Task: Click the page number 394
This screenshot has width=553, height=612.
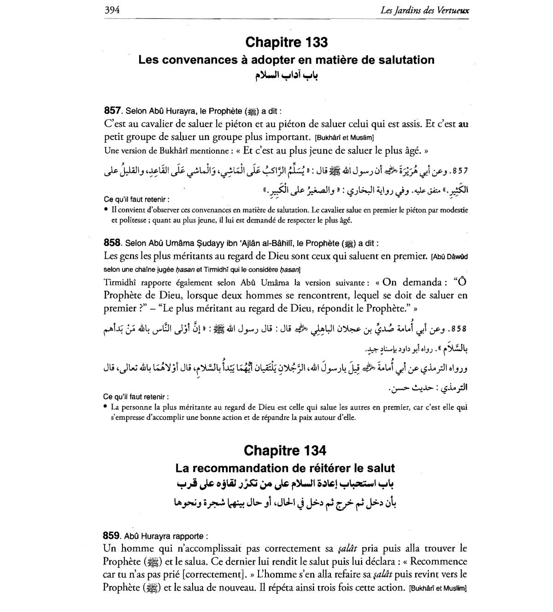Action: point(112,10)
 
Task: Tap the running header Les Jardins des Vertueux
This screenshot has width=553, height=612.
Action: point(425,10)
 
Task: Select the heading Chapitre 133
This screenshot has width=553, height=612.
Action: point(286,42)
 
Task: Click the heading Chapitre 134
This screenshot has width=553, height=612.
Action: point(285,450)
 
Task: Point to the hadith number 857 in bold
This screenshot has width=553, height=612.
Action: point(112,111)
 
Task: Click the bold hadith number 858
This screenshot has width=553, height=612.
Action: point(112,243)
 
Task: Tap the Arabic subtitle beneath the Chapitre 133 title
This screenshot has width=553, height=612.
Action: point(287,76)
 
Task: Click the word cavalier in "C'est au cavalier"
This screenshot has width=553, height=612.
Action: point(156,124)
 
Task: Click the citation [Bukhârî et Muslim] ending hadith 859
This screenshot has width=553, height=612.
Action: point(438,588)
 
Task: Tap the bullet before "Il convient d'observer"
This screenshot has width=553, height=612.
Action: point(106,209)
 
